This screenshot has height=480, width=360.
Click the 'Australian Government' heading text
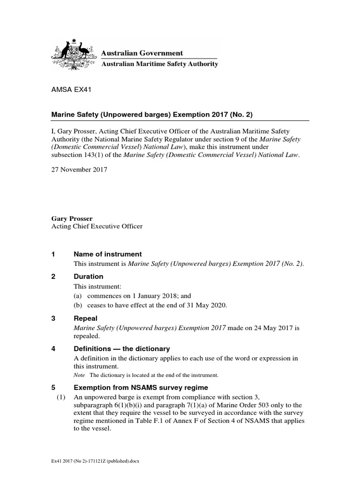142,53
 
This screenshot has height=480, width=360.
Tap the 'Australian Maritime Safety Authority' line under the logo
160,64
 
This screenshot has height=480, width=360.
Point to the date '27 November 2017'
79,170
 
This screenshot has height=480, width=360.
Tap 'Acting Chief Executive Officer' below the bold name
96,226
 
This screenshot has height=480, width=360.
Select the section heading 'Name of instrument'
108,254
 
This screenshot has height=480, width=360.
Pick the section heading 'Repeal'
86,318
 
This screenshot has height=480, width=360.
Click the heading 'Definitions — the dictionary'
122,349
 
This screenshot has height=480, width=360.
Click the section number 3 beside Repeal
53,318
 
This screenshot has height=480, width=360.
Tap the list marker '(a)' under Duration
78,296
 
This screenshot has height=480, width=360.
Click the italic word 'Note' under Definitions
80,375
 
